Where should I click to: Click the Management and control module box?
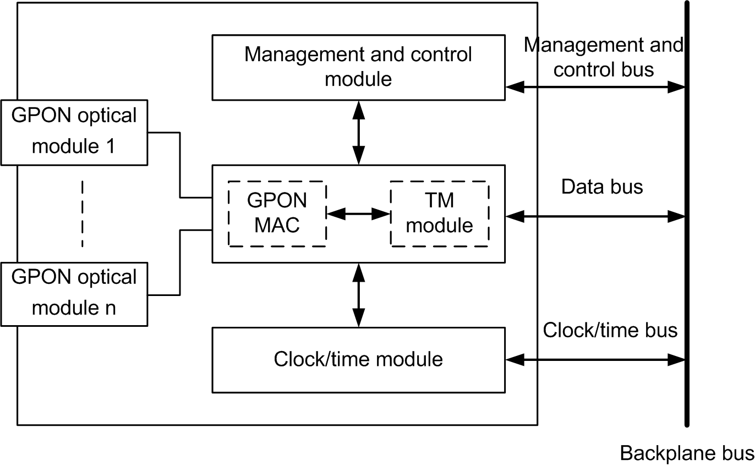click(358, 68)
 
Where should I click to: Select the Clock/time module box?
click(358, 360)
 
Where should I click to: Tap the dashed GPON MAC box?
click(277, 213)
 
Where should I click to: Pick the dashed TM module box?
click(439, 213)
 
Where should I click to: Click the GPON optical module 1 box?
click(74, 132)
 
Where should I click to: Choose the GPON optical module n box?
click(74, 293)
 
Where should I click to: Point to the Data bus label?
click(602, 187)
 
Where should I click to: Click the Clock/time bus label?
click(610, 330)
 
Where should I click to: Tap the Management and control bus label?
click(604, 57)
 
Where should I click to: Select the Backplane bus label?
click(687, 453)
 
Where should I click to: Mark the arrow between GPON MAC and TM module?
click(358, 213)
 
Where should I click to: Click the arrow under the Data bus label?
click(595, 217)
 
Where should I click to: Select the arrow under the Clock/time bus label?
click(595, 360)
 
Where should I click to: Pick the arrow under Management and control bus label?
click(595, 86)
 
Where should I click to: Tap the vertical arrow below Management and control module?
click(358, 133)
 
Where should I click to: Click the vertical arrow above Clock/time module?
click(358, 295)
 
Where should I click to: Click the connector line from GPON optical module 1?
click(180, 165)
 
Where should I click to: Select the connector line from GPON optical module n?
click(180, 261)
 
